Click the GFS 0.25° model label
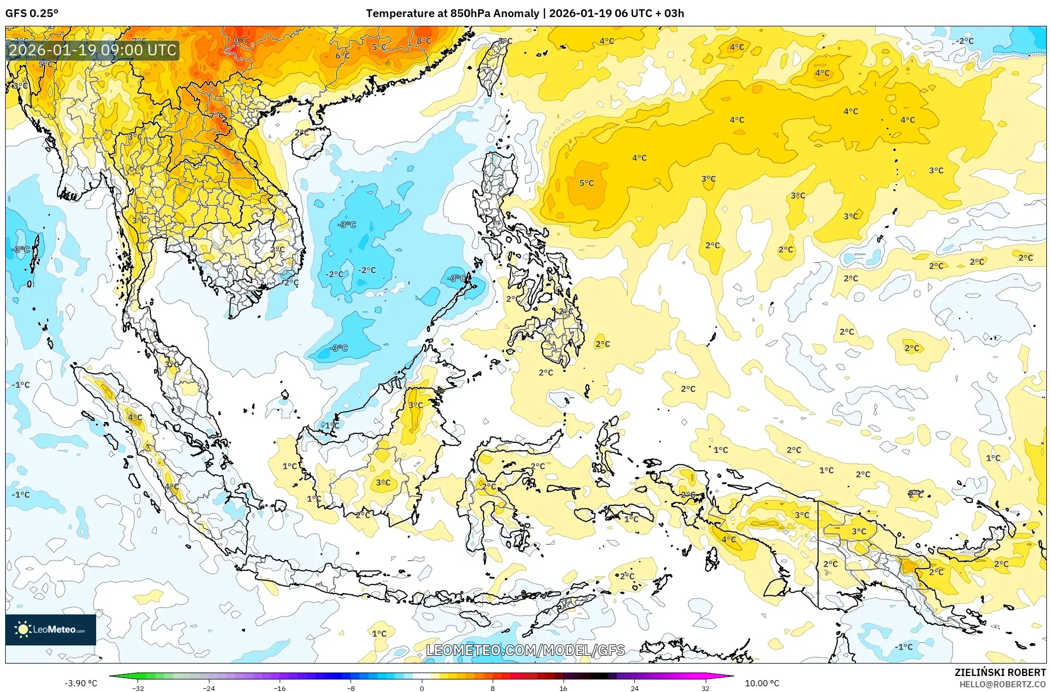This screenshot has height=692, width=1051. click(32, 13)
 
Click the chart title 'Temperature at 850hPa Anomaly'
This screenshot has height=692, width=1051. click(452, 13)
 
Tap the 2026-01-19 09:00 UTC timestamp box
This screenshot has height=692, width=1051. click(93, 50)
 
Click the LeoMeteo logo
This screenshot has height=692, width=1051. click(50, 629)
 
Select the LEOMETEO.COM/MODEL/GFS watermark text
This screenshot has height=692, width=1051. click(525, 650)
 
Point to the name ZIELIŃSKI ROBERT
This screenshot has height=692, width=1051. click(1000, 672)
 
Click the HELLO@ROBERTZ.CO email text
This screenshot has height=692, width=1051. click(1002, 684)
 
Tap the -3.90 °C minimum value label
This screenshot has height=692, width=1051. click(81, 683)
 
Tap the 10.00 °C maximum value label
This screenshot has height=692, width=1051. click(761, 683)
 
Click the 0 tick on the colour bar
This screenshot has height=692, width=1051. click(421, 688)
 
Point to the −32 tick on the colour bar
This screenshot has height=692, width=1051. click(138, 688)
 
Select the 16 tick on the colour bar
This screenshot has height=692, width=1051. click(563, 688)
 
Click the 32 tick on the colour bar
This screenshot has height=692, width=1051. click(705, 688)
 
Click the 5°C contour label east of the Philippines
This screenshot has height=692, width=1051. click(586, 183)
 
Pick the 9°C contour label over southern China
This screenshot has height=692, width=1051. click(241, 41)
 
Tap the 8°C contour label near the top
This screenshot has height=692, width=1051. click(423, 41)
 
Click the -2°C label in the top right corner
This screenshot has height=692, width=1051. click(964, 41)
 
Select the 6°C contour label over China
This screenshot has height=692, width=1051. click(342, 56)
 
